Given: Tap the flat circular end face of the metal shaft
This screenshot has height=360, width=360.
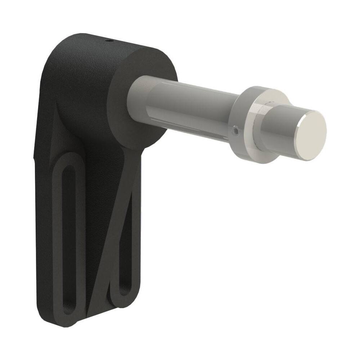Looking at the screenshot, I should pos(312,135).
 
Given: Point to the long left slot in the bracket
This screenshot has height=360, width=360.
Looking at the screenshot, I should pos(68,234).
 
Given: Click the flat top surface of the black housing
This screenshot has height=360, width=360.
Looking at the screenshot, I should pos(119,45).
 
